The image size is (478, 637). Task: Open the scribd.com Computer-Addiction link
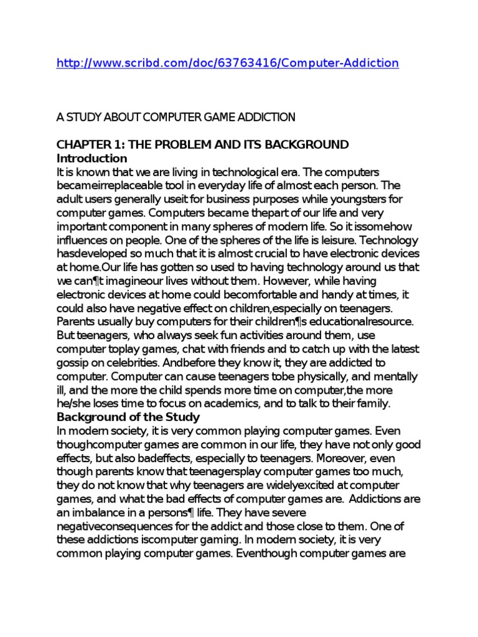coord(227,63)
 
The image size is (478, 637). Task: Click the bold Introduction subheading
coord(91,158)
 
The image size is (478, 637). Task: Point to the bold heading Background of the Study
coord(128,417)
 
